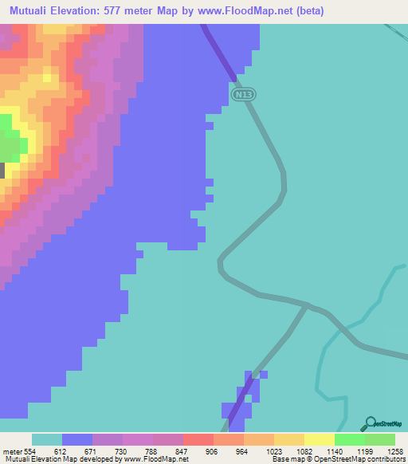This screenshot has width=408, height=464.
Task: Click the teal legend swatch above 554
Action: (x=47, y=439)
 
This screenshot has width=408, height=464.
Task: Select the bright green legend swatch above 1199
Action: (x=349, y=439)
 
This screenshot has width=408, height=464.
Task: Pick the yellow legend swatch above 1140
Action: (x=319, y=439)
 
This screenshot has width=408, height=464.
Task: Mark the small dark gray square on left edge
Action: (x=2, y=170)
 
